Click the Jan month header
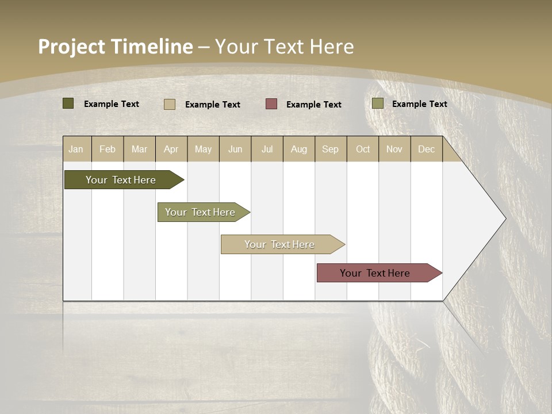point(76,149)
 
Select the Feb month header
point(108,149)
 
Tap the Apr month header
point(171,149)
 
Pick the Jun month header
point(235,149)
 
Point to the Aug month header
point(299,149)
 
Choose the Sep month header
point(331,149)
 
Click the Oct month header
point(363,149)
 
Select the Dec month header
point(427,149)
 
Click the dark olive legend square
point(68,103)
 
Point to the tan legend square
point(170,104)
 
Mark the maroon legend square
point(271,104)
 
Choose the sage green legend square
point(377,103)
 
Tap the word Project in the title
point(72,47)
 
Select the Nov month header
point(394,149)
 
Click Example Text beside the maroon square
point(314,105)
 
